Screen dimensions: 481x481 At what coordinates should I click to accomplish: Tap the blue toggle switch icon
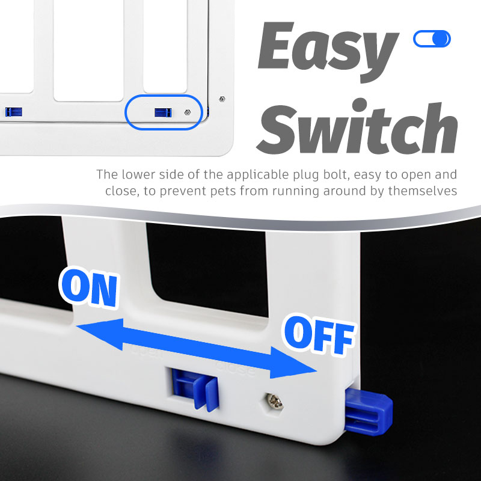pyautogui.click(x=432, y=38)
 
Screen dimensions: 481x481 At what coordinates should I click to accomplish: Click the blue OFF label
pyautogui.click(x=319, y=334)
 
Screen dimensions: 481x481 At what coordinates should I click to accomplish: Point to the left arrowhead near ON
pyautogui.click(x=100, y=334)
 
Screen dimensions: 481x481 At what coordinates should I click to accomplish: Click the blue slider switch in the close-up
pyautogui.click(x=195, y=388)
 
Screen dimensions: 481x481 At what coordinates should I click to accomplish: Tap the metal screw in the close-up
pyautogui.click(x=274, y=402)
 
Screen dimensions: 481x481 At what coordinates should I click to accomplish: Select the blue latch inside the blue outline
pyautogui.click(x=163, y=112)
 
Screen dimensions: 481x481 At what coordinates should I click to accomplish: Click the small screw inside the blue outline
pyautogui.click(x=188, y=112)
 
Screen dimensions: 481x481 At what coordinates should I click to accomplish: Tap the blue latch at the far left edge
pyautogui.click(x=13, y=112)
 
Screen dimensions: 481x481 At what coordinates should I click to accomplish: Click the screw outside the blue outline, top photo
pyautogui.click(x=222, y=99)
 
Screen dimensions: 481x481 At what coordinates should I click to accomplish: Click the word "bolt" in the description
pyautogui.click(x=337, y=174)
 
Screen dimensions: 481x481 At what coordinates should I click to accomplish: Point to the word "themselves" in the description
pyautogui.click(x=423, y=191)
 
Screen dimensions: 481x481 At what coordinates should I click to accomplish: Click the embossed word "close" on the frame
pyautogui.click(x=236, y=369)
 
